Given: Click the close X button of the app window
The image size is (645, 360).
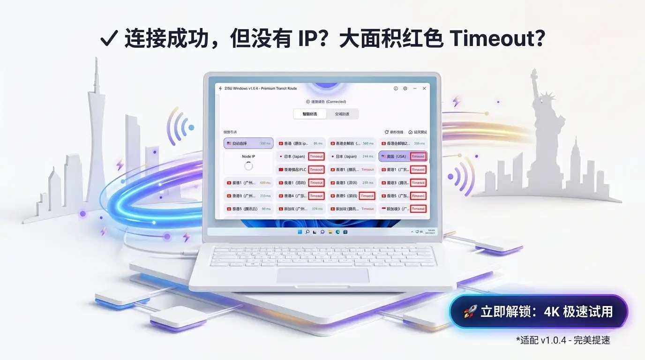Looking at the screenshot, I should (x=424, y=88).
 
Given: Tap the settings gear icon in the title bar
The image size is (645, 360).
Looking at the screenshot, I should (x=405, y=88).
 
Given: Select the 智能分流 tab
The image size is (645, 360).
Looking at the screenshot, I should (x=309, y=114).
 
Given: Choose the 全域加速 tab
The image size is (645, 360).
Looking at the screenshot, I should (x=342, y=114).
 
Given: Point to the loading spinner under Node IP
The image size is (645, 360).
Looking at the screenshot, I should (x=248, y=166).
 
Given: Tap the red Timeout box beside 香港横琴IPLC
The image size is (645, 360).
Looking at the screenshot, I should (x=316, y=170).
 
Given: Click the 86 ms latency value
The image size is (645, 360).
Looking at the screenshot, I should (x=318, y=143).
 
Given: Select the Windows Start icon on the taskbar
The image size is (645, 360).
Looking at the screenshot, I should (x=300, y=232).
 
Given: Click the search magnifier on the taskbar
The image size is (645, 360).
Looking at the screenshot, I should (x=307, y=232).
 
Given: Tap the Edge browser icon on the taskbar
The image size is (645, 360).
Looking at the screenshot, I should (x=337, y=232).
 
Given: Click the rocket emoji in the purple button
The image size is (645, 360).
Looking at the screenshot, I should (x=470, y=312).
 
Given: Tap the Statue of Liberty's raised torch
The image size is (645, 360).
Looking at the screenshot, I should (x=533, y=74).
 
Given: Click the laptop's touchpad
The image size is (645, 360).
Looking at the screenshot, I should (x=322, y=276).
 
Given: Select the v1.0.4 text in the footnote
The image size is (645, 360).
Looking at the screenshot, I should (x=555, y=340).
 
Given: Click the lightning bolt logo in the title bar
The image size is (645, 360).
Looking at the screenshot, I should (x=220, y=88).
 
